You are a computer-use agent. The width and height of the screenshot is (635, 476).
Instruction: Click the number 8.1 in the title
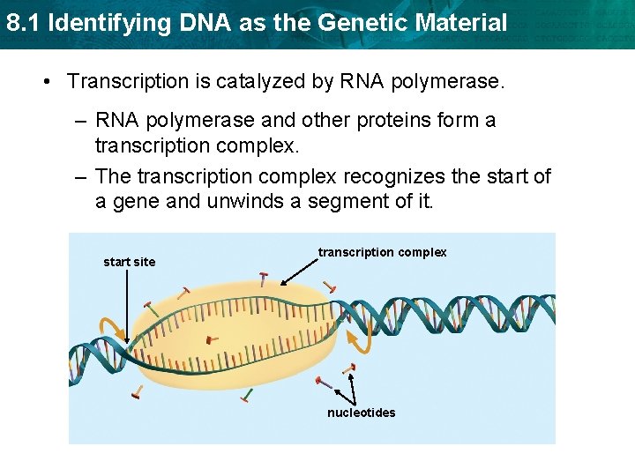[22, 22]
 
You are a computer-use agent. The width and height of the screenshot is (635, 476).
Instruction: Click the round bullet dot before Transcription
[46, 82]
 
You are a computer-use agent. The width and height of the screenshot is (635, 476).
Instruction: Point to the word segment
[348, 201]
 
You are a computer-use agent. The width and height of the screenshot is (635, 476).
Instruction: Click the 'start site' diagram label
[129, 262]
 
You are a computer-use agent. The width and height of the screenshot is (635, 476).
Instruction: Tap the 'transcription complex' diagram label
[382, 252]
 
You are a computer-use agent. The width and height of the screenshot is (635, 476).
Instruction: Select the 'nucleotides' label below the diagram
[362, 413]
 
